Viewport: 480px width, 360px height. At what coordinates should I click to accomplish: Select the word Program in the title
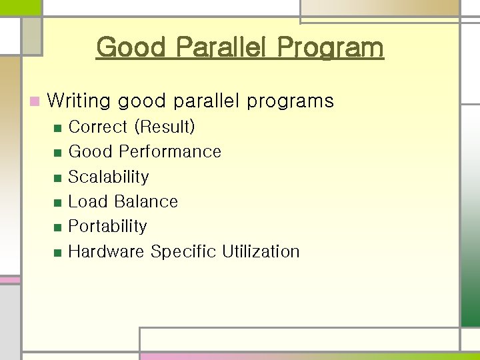click(331, 47)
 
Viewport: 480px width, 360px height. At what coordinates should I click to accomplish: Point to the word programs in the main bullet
click(290, 101)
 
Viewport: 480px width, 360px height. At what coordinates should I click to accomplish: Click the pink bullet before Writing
click(35, 102)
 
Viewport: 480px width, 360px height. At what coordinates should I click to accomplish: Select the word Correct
click(98, 127)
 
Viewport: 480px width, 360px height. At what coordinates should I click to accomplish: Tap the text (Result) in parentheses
click(164, 127)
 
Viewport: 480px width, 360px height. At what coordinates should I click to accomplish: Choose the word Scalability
click(109, 177)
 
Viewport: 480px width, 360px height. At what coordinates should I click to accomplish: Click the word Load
click(88, 201)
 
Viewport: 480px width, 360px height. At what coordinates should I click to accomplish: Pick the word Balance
click(146, 201)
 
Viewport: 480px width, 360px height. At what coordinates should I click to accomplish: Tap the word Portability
click(107, 226)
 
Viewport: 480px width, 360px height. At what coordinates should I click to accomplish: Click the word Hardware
click(107, 251)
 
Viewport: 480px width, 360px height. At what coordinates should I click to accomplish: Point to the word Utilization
click(261, 251)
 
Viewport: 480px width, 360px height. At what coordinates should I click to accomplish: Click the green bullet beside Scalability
click(57, 178)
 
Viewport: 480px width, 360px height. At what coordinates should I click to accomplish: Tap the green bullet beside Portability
click(57, 227)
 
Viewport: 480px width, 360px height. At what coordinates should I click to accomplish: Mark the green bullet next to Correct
click(57, 128)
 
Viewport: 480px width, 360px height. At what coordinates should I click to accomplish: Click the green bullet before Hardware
click(57, 253)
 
